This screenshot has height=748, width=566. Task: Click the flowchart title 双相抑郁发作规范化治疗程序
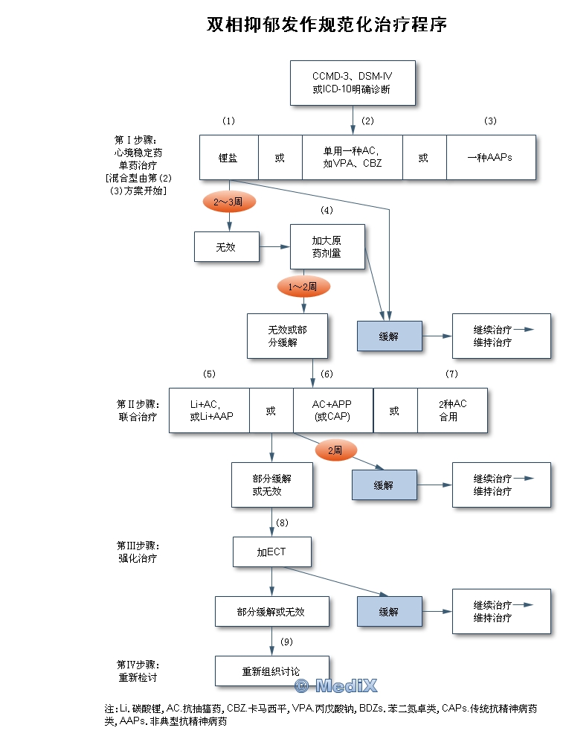click(327, 25)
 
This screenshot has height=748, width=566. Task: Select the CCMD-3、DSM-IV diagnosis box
click(353, 83)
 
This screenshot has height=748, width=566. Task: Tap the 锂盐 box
click(228, 157)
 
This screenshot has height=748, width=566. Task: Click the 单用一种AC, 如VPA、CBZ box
click(352, 157)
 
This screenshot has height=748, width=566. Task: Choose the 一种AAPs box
click(490, 157)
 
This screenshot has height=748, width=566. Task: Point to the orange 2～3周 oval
click(228, 202)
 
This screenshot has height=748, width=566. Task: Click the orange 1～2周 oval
click(303, 286)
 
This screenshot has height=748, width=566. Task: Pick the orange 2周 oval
click(336, 450)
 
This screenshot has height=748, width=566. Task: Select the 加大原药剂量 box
click(327, 246)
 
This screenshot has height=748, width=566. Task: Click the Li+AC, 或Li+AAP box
click(209, 410)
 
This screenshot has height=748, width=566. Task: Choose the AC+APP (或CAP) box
click(332, 410)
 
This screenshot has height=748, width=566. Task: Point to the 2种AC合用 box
click(452, 410)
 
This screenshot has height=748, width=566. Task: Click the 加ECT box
click(271, 552)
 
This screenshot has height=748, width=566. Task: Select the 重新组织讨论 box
click(271, 671)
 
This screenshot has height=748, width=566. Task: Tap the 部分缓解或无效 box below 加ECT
click(271, 611)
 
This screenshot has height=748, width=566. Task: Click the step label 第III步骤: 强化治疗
click(138, 552)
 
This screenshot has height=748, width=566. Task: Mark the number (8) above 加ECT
click(283, 522)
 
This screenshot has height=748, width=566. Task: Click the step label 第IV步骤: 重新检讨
click(138, 671)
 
